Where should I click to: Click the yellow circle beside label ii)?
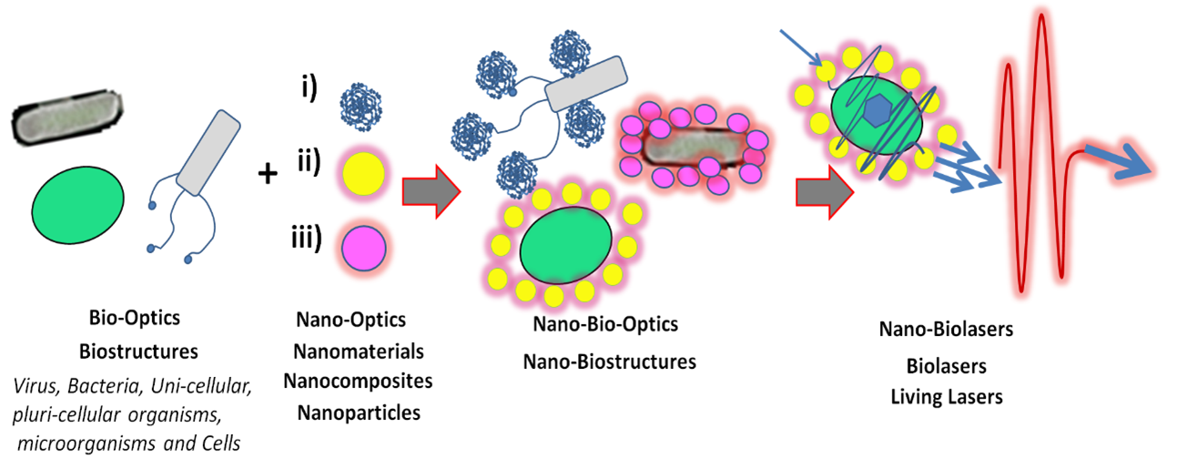[x=362, y=170]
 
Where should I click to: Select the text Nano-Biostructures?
[x=609, y=362]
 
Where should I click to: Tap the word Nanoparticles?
[x=359, y=412]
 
